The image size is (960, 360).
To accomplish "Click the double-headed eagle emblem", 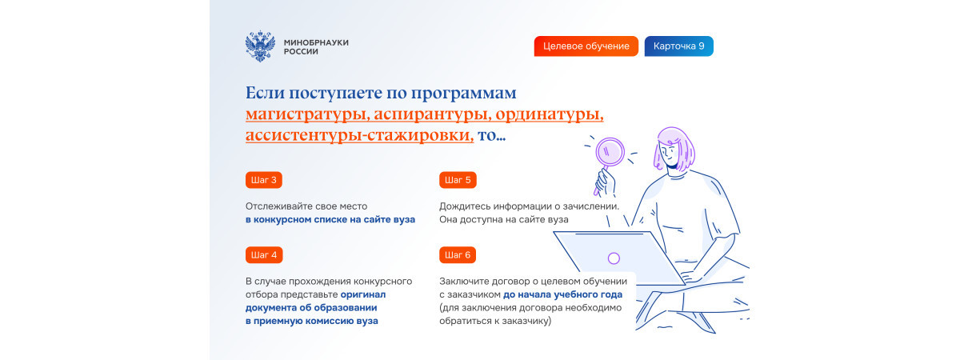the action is point(260,46).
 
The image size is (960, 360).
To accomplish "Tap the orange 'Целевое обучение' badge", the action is point(586,46).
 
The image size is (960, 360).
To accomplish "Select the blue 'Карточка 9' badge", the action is point(679,46).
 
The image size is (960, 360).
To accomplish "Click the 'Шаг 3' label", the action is point(264,180).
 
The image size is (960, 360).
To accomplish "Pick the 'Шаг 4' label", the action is point(264,255).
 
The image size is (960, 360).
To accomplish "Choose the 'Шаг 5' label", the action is point(458,180).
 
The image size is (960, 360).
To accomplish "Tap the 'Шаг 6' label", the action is point(458,255).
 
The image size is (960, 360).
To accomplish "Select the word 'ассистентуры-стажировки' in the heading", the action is point(359,135).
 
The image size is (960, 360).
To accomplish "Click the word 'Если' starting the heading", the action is point(266,93).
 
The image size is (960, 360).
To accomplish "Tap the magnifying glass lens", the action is point(610,152).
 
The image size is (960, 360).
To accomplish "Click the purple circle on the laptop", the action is point(614,258).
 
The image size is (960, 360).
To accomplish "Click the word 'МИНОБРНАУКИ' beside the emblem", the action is point(316,43).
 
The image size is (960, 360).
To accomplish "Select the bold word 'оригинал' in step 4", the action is point(363,294).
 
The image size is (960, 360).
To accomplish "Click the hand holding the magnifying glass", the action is point(606,183).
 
